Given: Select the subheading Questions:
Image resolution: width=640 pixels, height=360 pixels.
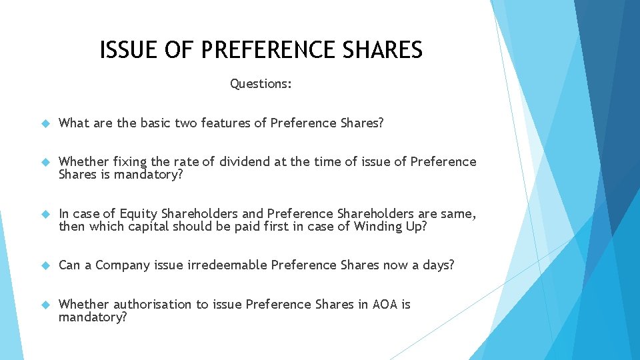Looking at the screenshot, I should (261, 84).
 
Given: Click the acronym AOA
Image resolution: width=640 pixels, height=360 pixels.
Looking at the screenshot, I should (384, 305).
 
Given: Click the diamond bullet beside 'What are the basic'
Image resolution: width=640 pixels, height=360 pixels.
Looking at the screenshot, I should (45, 123).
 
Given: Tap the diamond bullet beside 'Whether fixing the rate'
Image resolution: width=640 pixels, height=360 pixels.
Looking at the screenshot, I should (45, 163).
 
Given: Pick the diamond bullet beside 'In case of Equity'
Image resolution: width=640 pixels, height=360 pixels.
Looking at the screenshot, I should (45, 215).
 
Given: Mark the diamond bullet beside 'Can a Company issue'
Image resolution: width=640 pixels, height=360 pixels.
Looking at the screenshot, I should (45, 266).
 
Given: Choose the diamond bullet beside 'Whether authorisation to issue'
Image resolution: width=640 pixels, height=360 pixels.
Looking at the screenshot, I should (45, 305).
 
